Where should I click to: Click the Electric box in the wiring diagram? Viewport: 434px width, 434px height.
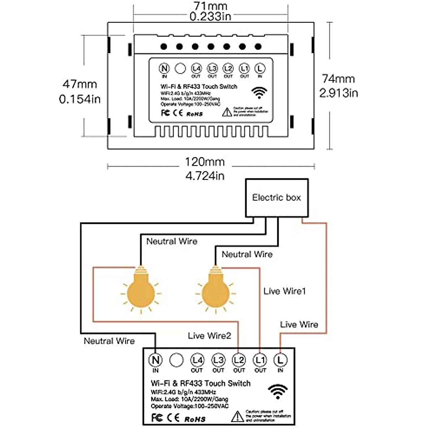[x=277, y=198]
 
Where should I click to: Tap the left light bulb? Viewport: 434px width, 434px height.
[x=141, y=289]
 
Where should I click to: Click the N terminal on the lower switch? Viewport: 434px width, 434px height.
[x=156, y=360]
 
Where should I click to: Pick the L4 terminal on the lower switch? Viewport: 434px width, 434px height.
[x=197, y=360]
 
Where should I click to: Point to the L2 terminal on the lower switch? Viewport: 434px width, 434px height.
[x=239, y=360]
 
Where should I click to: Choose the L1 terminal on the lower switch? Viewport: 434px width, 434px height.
[x=260, y=360]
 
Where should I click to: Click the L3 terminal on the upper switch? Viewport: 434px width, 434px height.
[x=212, y=68]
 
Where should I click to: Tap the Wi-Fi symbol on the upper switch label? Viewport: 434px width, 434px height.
[x=259, y=93]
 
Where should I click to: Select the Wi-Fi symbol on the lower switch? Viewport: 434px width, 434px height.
[x=278, y=391]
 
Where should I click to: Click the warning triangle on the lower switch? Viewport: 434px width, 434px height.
[x=237, y=416]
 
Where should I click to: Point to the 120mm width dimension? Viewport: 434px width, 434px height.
[x=205, y=162]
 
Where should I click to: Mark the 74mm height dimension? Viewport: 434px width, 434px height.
[x=338, y=79]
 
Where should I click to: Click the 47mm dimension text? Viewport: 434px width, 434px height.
[x=80, y=84]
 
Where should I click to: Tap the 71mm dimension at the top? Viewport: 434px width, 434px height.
[x=210, y=6]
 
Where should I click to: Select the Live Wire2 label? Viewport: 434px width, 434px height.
[x=209, y=336]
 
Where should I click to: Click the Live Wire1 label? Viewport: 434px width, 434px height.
[x=285, y=291]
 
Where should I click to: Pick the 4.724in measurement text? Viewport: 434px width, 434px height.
[x=205, y=176]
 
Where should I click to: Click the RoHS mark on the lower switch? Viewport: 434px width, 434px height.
[x=195, y=419]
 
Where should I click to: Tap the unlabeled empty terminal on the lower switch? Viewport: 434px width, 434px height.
[x=176, y=360]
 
